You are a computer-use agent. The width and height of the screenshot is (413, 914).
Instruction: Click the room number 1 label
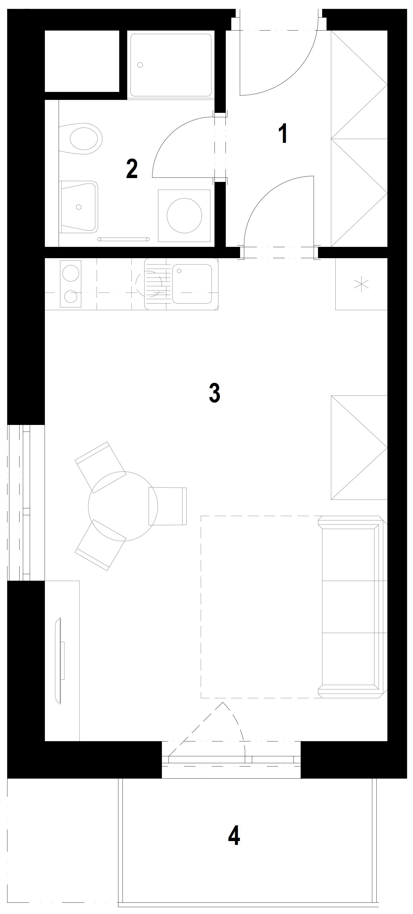tap(283, 133)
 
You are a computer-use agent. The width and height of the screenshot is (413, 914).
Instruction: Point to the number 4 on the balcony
tap(234, 836)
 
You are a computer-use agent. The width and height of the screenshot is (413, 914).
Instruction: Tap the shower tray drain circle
tap(140, 65)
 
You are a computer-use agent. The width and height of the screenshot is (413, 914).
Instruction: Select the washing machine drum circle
tap(184, 216)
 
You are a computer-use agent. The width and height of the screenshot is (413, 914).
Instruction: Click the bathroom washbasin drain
tap(78, 207)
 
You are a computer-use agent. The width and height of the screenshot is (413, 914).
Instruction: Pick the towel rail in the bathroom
tap(123, 239)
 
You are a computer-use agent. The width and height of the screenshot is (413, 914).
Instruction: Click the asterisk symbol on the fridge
tap(362, 284)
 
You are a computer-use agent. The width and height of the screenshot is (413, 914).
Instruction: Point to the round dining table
tap(123, 506)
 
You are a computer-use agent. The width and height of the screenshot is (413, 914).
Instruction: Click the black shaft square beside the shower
tap(82, 61)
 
